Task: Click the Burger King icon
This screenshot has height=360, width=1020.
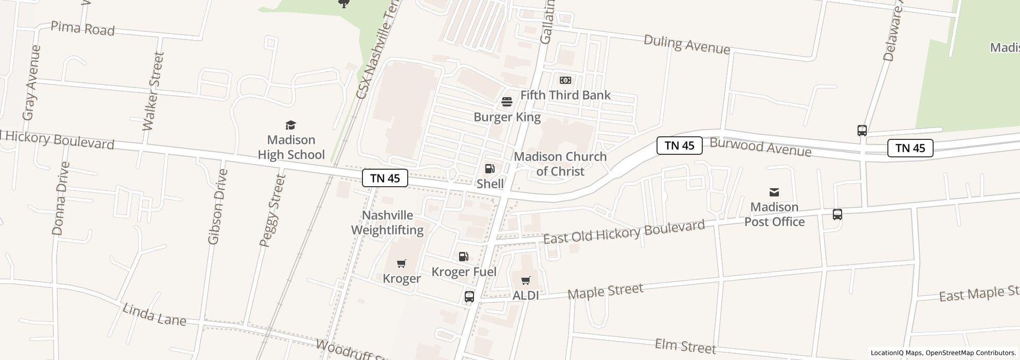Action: [507, 102]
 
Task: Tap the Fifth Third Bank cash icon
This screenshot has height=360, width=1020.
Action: [566, 80]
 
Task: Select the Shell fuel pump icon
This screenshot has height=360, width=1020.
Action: [490, 169]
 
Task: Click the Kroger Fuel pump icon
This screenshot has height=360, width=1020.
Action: [464, 257]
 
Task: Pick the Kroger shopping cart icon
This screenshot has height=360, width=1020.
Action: [402, 264]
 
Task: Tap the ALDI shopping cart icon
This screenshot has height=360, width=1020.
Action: [525, 281]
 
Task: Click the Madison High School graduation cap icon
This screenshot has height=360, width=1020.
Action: [291, 125]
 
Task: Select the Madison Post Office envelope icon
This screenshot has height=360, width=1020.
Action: [774, 192]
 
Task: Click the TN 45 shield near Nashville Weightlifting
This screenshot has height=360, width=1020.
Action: [385, 178]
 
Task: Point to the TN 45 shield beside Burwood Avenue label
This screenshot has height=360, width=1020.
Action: [680, 146]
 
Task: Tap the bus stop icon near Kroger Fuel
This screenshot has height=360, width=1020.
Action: [469, 296]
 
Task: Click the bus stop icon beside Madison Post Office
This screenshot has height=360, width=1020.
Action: [837, 214]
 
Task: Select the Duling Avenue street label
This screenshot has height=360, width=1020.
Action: [686, 44]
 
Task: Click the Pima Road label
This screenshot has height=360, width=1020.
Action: [82, 29]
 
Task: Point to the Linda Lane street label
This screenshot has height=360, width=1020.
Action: [154, 314]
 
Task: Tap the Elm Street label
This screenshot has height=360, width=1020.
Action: [685, 346]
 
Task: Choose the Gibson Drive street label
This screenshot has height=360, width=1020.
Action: [215, 207]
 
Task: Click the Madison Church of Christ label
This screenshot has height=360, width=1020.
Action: [560, 164]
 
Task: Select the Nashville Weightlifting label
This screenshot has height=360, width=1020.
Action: [388, 223]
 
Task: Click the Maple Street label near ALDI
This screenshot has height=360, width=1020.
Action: [605, 291]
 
